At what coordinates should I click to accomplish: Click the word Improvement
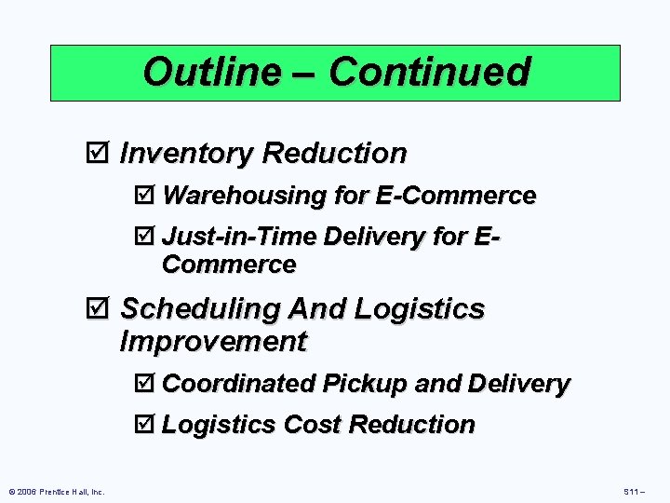point(213,342)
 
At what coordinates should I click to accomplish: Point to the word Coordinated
point(239,383)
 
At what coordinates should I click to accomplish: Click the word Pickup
point(366,383)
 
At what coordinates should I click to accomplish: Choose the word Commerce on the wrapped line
point(229,265)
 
